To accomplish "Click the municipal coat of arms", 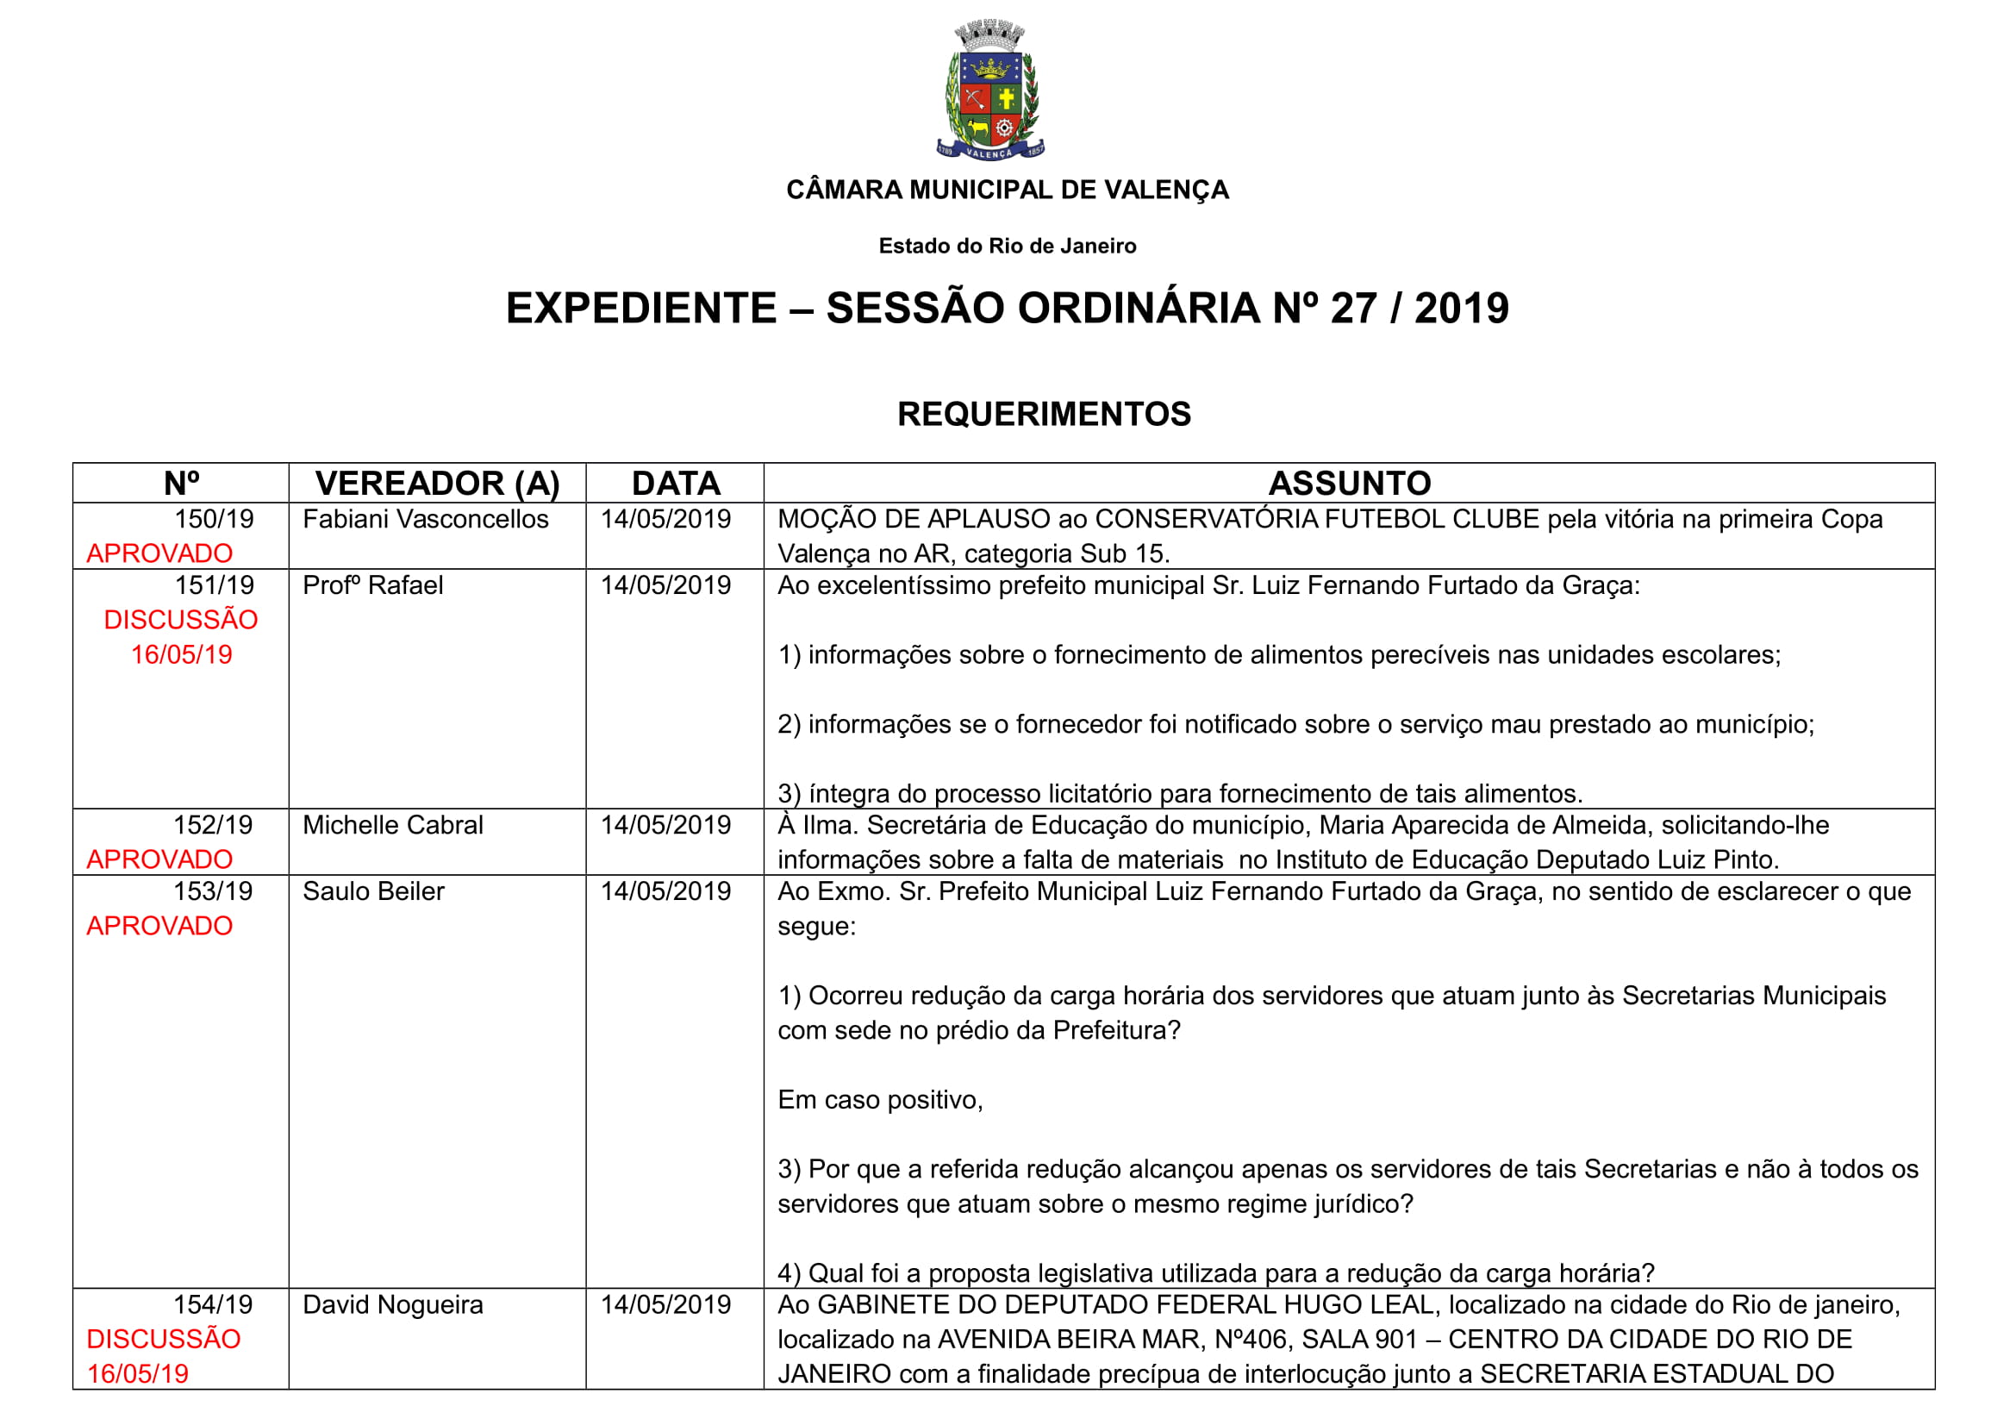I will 990,91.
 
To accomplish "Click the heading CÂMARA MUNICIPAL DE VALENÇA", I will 1007,190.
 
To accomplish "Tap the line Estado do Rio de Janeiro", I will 1007,246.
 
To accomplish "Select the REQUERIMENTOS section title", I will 1043,414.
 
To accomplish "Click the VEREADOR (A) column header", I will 437,483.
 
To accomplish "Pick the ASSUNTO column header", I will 1349,483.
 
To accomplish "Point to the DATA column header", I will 675,483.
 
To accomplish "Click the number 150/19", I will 215,519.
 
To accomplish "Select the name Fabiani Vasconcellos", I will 425,519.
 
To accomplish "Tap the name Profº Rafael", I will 372,585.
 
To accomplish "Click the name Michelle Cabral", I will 392,825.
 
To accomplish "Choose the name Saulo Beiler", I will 373,891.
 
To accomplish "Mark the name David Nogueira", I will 392,1304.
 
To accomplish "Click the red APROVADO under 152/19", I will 159,859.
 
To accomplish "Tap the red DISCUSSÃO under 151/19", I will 181,620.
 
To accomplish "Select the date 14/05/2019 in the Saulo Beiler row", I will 665,891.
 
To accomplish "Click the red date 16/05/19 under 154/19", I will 138,1374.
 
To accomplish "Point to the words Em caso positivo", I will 880,1100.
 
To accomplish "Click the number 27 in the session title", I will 1353,308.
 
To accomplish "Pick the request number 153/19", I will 214,891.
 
